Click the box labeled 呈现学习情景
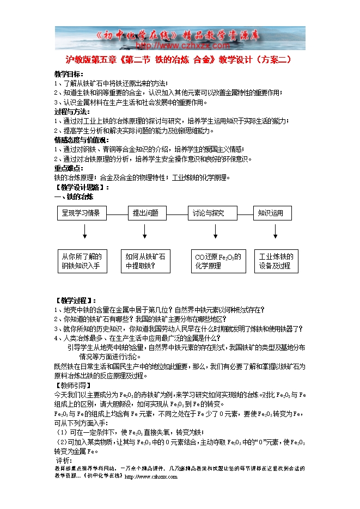click(x=82, y=213)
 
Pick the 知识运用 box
click(x=272, y=213)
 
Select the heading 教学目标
click(x=69, y=74)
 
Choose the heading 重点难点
click(x=69, y=168)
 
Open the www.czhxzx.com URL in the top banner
click(x=180, y=46)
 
